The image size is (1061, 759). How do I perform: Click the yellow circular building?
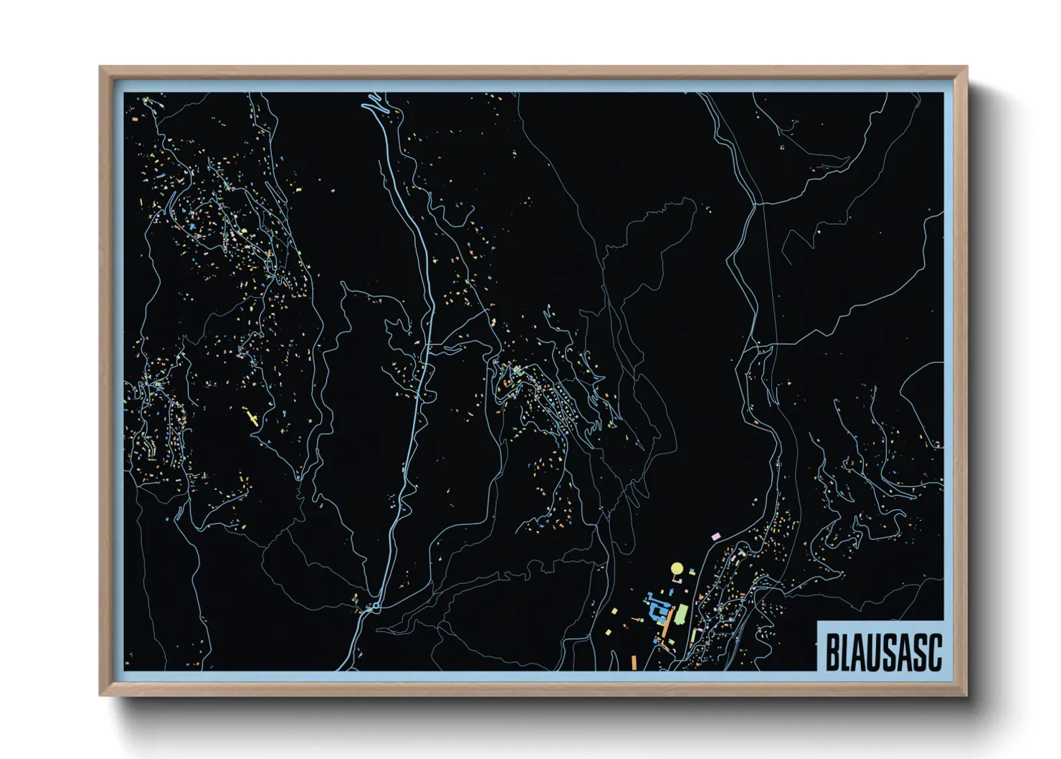point(676,570)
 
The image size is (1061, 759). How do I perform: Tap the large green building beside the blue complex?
point(681,613)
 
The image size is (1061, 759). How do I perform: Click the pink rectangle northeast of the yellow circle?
point(715,535)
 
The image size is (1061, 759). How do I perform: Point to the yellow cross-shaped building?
point(251,417)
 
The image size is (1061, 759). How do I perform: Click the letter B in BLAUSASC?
point(832,651)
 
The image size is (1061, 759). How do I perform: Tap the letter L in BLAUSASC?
point(847,651)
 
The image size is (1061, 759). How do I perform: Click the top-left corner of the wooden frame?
point(100,67)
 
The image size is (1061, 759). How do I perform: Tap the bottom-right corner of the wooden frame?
point(966,695)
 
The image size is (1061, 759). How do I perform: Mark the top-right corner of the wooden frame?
point(966,67)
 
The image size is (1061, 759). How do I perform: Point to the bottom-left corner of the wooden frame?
point(100,695)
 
